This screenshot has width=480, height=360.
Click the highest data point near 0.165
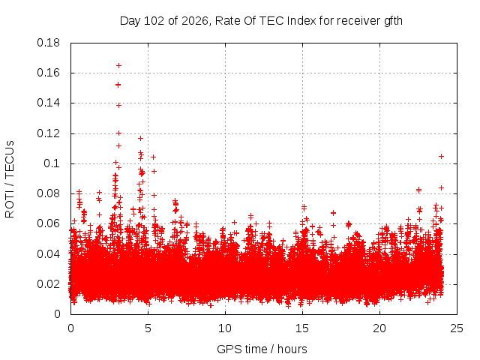click(118, 65)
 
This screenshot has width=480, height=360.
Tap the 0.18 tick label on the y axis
click(48, 43)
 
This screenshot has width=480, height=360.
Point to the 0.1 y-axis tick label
click(52, 163)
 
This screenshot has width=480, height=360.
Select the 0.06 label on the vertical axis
click(48, 223)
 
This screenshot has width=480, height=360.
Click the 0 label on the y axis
click(57, 314)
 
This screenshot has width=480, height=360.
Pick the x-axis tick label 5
click(148, 328)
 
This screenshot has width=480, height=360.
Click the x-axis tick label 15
click(302, 328)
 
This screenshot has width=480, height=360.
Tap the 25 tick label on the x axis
click(457, 328)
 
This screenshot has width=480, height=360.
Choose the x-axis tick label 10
click(225, 328)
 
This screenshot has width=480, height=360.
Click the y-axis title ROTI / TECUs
click(10, 179)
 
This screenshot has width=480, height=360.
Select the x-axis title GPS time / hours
click(262, 349)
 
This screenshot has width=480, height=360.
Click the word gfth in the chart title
click(393, 21)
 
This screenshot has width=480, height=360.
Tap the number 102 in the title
click(154, 21)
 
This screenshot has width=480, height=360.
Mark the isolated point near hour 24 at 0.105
click(441, 157)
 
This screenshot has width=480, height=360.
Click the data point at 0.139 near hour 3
click(118, 105)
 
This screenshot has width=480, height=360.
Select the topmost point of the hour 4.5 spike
click(140, 138)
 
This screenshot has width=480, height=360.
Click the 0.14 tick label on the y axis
click(48, 103)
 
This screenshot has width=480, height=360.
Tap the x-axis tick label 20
click(379, 328)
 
